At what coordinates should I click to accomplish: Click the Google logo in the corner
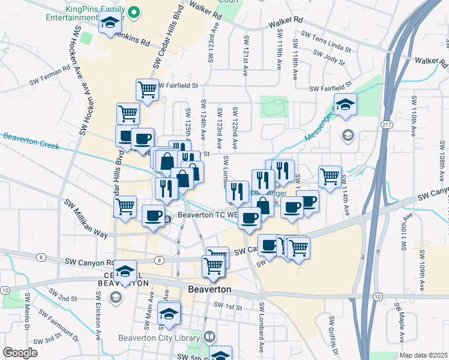(20, 353)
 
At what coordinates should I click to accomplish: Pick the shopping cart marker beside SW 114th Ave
(330, 176)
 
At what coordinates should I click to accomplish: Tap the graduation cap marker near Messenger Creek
(345, 105)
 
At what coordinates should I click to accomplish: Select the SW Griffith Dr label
(331, 334)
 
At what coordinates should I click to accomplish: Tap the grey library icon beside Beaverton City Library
(208, 337)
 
